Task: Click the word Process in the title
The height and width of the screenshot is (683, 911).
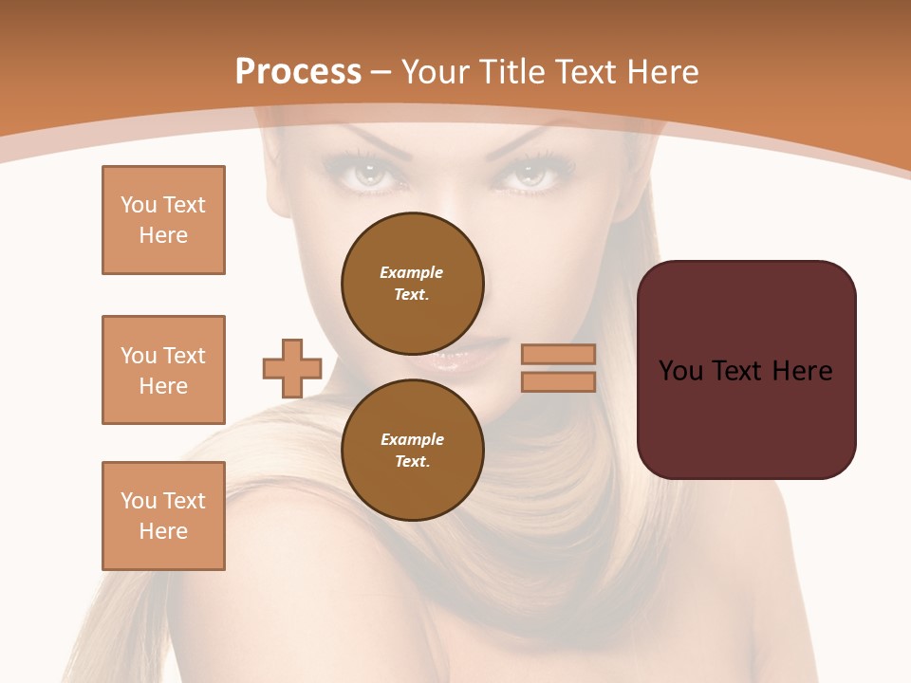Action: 298,72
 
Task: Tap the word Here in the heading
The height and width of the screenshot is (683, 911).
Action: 660,72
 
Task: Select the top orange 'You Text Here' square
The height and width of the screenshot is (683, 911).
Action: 163,220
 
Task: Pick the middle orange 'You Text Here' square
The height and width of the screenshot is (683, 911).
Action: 163,370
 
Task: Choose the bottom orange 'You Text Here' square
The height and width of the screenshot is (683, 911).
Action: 163,516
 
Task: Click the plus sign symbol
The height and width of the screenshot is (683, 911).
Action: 292,369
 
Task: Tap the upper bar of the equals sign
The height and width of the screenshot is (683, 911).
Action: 558,355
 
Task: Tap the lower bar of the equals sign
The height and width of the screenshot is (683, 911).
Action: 558,381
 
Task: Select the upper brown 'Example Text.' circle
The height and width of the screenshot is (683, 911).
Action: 413,283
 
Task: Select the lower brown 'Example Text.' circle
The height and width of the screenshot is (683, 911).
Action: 413,450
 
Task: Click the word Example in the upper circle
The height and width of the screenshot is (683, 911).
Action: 411,272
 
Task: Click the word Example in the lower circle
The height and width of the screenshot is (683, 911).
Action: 412,439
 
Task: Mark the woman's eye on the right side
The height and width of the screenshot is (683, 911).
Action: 532,175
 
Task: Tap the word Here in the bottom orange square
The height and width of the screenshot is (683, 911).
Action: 163,531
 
